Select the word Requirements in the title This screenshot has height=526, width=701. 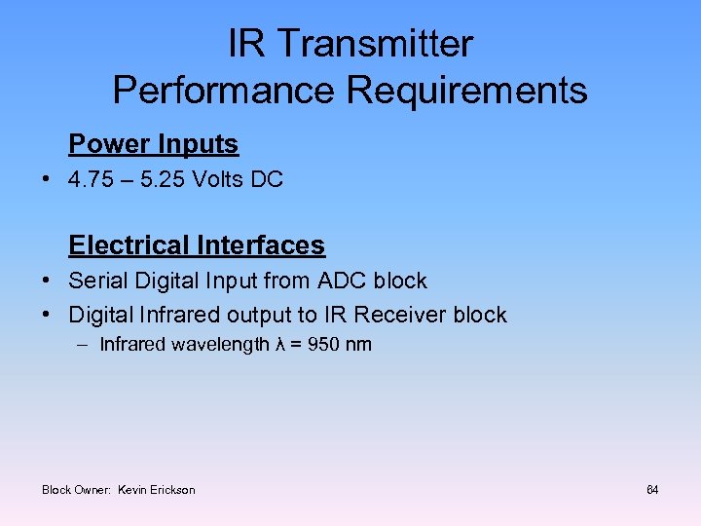[x=467, y=91]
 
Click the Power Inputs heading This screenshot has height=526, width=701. [x=153, y=144]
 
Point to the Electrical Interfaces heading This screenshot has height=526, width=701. [x=197, y=244]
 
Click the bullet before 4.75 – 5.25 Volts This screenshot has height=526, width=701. [x=47, y=180]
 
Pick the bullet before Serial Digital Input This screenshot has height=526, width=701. [x=47, y=282]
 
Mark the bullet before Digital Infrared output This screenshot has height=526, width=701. [x=47, y=316]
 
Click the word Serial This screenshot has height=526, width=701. [x=95, y=281]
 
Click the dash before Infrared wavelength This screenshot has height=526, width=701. [x=83, y=345]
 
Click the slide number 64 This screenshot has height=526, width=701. [x=652, y=489]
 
